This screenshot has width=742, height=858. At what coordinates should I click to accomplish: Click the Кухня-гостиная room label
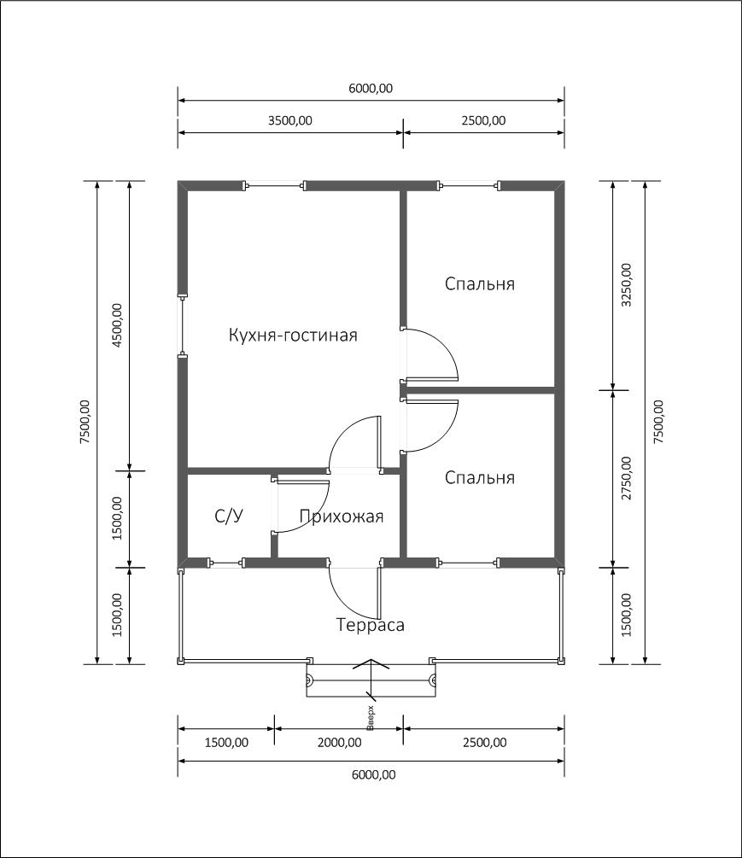point(293,335)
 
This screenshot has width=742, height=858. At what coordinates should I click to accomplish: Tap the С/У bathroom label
point(229,516)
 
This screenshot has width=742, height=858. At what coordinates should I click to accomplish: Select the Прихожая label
point(342,517)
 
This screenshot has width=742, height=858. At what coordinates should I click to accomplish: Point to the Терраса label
point(371,625)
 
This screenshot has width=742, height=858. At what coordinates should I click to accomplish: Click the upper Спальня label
point(479,284)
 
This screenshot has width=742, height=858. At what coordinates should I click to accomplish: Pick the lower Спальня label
point(479,478)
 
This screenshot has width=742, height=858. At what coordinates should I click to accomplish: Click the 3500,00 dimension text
point(290,120)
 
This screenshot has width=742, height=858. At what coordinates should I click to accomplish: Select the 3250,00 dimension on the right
point(626,284)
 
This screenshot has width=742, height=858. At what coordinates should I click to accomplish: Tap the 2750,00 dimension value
point(626,479)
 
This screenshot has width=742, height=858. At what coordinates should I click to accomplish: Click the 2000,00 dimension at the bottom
point(339,743)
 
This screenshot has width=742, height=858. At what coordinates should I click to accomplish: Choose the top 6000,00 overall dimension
point(371,88)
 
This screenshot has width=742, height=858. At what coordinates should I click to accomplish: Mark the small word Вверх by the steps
point(371,719)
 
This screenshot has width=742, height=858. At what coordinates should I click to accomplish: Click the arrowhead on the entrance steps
point(371,663)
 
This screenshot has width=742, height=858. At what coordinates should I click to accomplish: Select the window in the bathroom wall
point(226,563)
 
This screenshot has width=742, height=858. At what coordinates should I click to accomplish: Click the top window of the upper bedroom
point(469,186)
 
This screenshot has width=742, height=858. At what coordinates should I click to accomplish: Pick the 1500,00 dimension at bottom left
point(226,743)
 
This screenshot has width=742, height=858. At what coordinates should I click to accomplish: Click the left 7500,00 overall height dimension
point(85,422)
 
